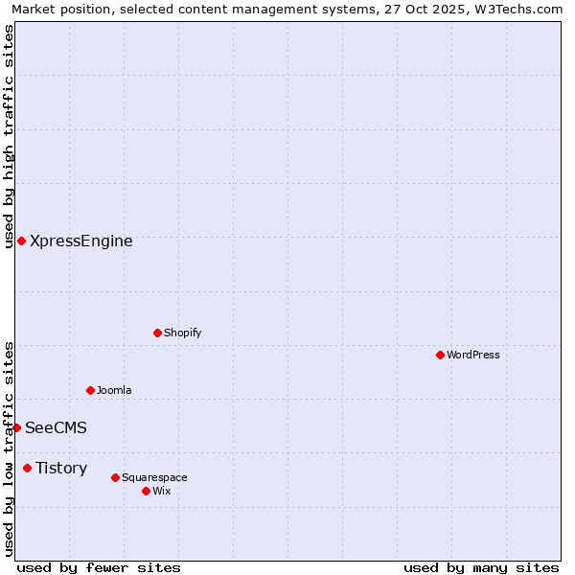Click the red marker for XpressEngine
(x=21, y=241)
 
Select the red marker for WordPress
(x=440, y=355)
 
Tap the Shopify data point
(x=157, y=333)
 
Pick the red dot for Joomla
(x=90, y=390)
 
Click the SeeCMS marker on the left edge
(x=16, y=427)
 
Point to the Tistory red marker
(x=27, y=468)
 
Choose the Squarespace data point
(x=115, y=477)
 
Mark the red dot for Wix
(x=146, y=491)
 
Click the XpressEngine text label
(x=81, y=241)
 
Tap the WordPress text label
(x=473, y=355)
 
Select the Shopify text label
(x=182, y=333)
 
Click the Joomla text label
(x=114, y=390)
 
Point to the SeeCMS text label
(x=56, y=428)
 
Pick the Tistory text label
(x=61, y=469)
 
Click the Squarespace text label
(x=154, y=477)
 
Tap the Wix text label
(x=161, y=491)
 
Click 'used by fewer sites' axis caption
(x=99, y=567)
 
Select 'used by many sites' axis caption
(x=481, y=567)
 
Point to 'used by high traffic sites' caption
(x=9, y=136)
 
